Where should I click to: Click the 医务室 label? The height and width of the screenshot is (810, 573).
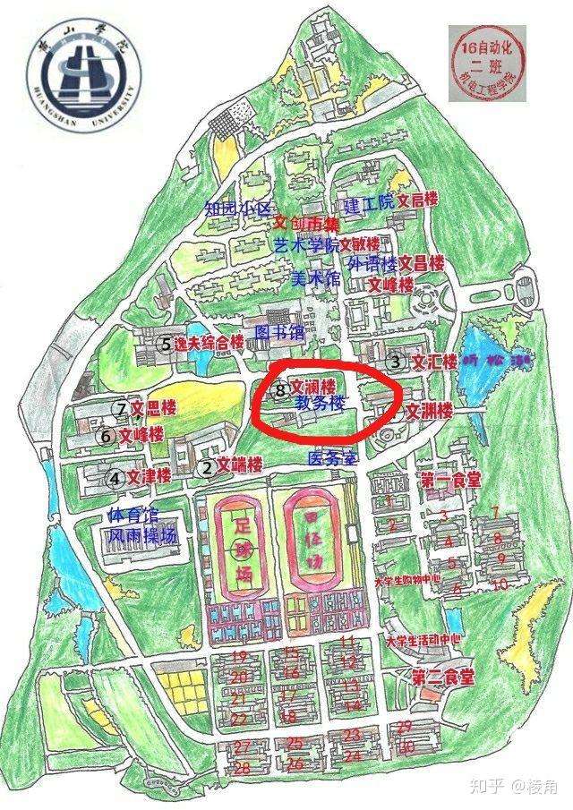coord(332,458)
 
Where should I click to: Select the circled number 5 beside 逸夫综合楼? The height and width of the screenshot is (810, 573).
coord(165,343)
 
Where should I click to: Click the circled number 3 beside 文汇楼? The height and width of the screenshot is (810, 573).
coord(396,362)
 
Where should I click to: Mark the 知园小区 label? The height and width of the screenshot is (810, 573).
coord(237,209)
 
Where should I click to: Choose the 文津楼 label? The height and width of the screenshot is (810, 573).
coord(149,477)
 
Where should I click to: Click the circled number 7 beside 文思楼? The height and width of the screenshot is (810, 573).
coord(121,408)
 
